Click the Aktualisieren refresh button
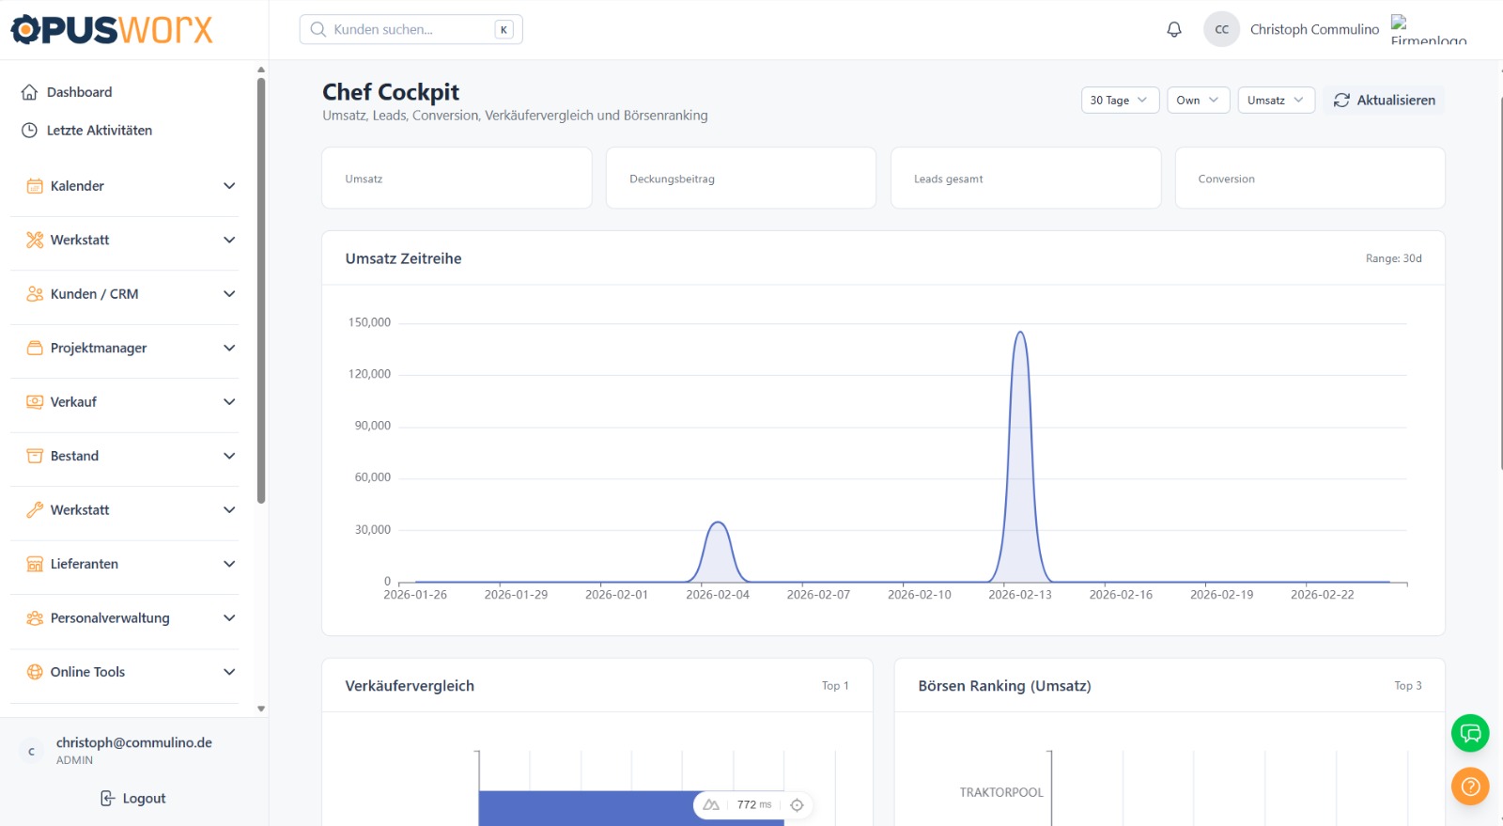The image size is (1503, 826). point(1385,101)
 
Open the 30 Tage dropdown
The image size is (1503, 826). point(1120,101)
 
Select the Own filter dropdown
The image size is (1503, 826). point(1198,101)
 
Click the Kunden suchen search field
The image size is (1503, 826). point(410,29)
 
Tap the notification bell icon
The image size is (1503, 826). point(1174,29)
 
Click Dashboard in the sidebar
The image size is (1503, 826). point(79,92)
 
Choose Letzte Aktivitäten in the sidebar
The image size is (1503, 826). point(99,131)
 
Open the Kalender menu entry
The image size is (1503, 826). point(77,186)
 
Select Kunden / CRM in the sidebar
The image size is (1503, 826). point(94,294)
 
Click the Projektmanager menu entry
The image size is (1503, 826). point(99,348)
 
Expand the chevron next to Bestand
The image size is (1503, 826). point(229,456)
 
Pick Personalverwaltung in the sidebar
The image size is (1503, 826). point(110,618)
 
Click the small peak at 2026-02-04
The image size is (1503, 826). point(718,523)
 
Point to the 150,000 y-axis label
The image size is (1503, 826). point(369,322)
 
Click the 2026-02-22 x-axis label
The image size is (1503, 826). point(1322,595)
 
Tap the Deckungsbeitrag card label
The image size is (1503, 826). point(672,179)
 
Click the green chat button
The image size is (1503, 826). point(1470,733)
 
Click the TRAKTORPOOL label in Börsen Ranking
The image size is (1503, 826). point(1001,792)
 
